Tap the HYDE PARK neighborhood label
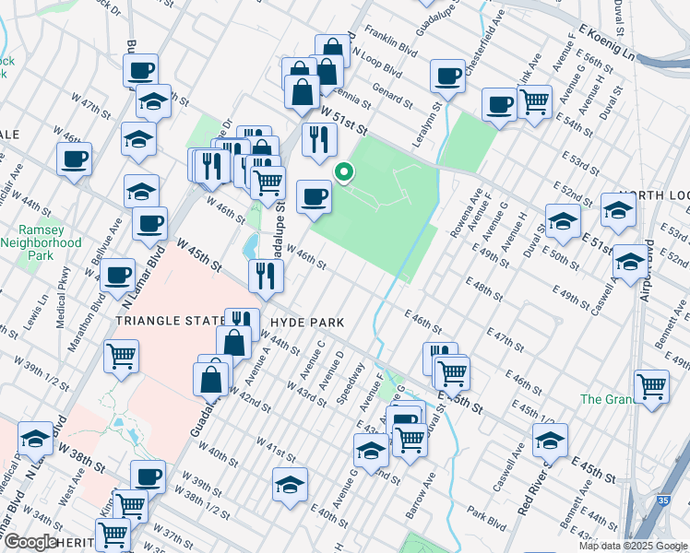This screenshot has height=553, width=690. pyautogui.click(x=308, y=323)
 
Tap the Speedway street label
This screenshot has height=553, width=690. pyautogui.click(x=351, y=382)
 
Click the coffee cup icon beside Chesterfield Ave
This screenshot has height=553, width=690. pyautogui.click(x=448, y=76)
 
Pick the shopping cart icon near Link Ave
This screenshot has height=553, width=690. pyautogui.click(x=534, y=102)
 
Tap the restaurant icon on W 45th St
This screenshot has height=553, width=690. pyautogui.click(x=265, y=275)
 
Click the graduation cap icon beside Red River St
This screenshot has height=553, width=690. pyautogui.click(x=550, y=441)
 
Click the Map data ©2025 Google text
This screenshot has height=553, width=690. pyautogui.click(x=632, y=546)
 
